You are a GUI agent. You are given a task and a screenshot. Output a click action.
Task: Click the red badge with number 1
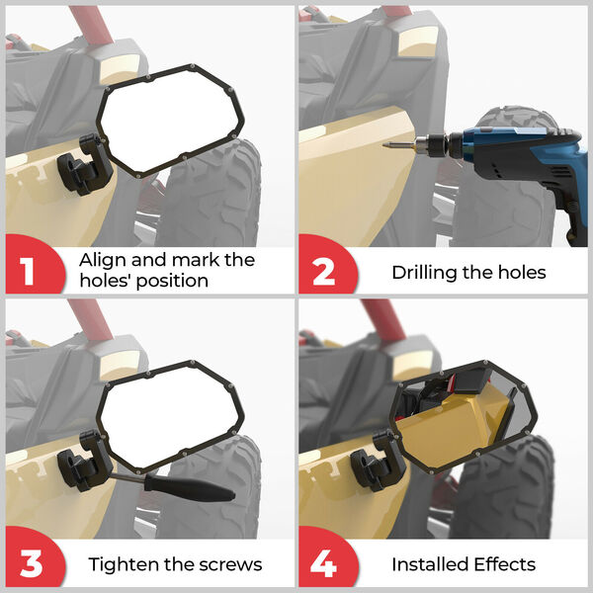[34, 265]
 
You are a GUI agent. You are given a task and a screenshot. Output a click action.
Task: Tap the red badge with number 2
[326, 265]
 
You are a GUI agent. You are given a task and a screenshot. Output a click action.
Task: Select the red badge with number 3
[34, 557]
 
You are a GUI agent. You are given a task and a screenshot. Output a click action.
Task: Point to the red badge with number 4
[326, 557]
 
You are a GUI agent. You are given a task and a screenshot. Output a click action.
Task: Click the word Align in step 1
[103, 260]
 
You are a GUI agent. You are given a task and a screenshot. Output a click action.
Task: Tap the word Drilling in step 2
[424, 273]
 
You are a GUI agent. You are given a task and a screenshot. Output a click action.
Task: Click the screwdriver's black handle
[189, 488]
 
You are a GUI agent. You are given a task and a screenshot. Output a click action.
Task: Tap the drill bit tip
[384, 145]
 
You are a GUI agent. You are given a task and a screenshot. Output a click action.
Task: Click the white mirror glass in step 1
[171, 121]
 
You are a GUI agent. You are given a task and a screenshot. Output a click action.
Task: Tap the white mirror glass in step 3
[171, 417]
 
